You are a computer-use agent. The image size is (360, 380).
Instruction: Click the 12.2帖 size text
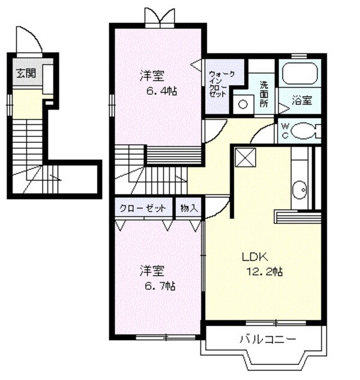click(265, 271)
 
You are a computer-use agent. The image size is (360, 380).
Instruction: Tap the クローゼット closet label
click(143, 208)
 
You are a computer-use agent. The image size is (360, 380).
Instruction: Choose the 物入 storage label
click(188, 208)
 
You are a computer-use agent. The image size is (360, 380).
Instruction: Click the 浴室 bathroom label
click(302, 100)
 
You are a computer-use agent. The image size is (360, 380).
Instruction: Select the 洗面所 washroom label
click(265, 94)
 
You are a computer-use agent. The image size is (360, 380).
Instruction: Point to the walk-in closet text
click(218, 85)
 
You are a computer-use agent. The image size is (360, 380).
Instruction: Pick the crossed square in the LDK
click(245, 157)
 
